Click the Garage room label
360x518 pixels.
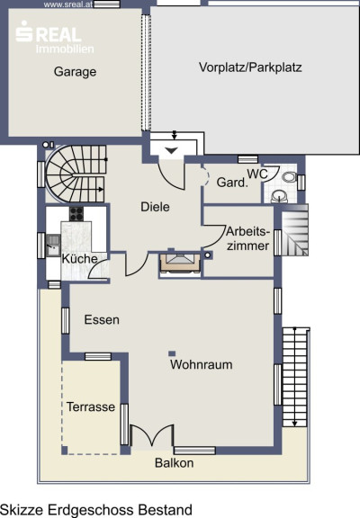(75, 72)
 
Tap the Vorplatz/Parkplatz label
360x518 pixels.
(250, 67)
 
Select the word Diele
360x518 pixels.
(155, 207)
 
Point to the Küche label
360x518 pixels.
(80, 258)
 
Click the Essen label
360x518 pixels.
(102, 320)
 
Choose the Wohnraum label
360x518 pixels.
(201, 365)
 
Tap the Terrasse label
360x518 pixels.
(91, 406)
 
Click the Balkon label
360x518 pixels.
(175, 463)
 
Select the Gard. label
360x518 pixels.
(232, 183)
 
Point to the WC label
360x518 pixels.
(257, 174)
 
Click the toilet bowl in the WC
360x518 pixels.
(290, 177)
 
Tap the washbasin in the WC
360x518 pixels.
(279, 196)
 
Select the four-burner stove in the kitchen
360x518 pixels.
(76, 214)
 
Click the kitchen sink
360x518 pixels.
(53, 245)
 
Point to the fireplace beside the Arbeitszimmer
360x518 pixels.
(180, 263)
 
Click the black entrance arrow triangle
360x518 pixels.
(171, 151)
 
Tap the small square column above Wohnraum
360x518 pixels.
(172, 353)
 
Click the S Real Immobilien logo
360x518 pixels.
(55, 37)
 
